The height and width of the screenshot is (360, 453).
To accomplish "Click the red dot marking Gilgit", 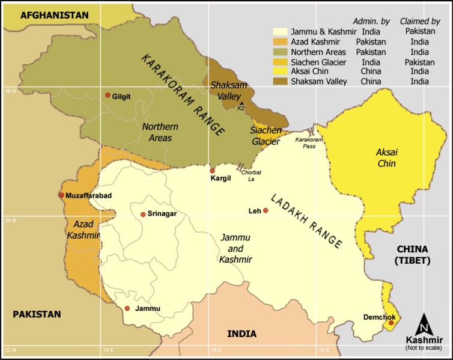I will (108, 95).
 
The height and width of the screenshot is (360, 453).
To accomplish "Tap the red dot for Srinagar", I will (143, 215).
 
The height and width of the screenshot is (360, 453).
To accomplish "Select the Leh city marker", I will (266, 211).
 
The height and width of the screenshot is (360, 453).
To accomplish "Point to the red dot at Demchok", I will (391, 323).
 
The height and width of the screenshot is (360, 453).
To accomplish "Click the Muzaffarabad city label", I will (89, 195).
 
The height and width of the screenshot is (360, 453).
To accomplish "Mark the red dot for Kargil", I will (212, 171).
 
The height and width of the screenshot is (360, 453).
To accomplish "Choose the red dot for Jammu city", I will (127, 308).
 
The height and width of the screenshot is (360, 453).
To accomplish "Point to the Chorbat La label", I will (251, 175).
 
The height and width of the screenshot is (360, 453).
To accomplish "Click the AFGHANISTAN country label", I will (54, 15).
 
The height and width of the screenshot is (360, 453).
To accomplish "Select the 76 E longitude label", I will (214, 349).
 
